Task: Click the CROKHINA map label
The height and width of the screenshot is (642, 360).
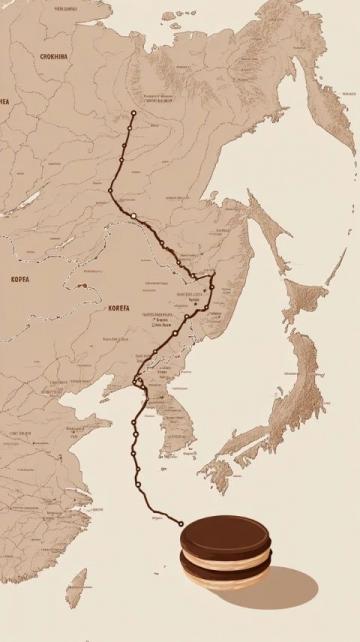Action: click(x=54, y=57)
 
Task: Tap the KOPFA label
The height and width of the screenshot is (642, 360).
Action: click(x=20, y=280)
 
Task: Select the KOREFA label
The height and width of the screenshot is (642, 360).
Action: click(x=118, y=308)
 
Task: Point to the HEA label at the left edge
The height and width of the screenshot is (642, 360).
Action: click(x=4, y=101)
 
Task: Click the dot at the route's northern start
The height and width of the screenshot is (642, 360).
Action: click(x=133, y=112)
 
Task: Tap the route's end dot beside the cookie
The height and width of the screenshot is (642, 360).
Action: click(x=181, y=523)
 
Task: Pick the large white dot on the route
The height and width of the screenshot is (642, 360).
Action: click(x=132, y=215)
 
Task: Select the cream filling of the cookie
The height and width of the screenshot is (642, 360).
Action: click(x=226, y=558)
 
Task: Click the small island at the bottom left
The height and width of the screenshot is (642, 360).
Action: click(x=77, y=586)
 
